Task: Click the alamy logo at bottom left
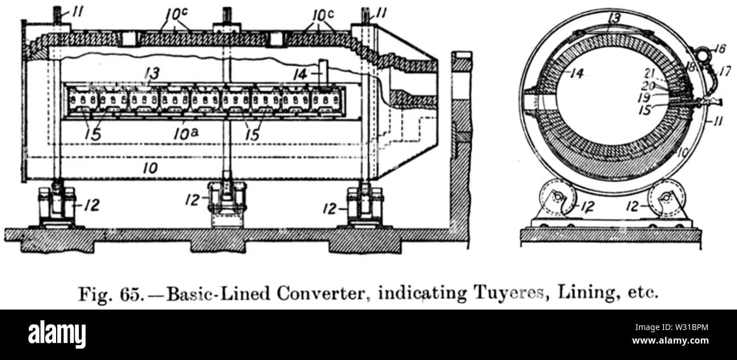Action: coord(57,334)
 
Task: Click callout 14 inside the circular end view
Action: coord(576,73)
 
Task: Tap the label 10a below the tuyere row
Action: coord(184,134)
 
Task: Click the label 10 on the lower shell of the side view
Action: coord(150,167)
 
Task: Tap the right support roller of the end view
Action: coord(666,197)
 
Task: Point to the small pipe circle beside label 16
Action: coord(703,55)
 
